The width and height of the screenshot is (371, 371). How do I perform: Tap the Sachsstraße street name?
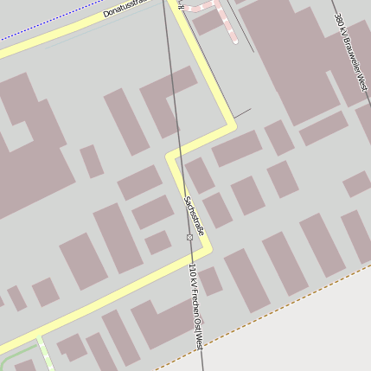point(193,215)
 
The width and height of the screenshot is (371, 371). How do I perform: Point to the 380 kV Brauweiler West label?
point(351,53)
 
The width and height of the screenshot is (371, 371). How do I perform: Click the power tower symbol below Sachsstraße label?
point(189,237)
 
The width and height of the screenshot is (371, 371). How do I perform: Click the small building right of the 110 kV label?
point(210,280)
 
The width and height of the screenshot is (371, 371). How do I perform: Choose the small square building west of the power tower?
point(157,242)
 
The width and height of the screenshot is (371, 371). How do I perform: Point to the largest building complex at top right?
point(303,61)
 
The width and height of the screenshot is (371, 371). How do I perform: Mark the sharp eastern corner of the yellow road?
point(233,127)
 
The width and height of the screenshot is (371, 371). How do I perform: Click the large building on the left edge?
point(26,147)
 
